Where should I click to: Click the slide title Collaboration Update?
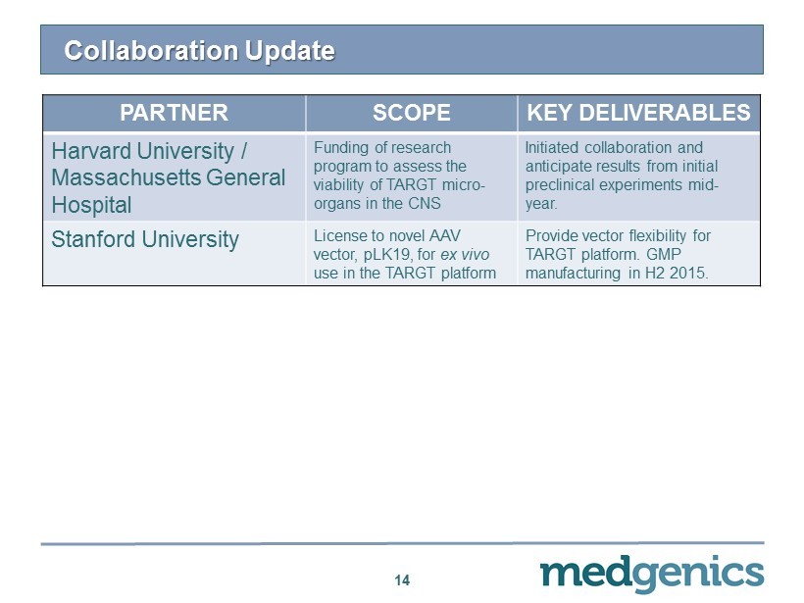pos(199,51)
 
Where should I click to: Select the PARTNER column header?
pos(174,113)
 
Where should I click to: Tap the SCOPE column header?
pos(411,113)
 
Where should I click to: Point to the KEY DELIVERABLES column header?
pos(638,113)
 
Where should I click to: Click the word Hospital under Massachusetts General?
pos(92,205)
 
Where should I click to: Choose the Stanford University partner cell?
pos(145,239)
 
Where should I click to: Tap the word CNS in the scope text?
pos(425,204)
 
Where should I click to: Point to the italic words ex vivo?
pos(465,254)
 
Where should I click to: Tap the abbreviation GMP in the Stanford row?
pos(664,254)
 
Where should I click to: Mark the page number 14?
pos(402,579)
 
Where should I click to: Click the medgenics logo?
pos(652,574)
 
